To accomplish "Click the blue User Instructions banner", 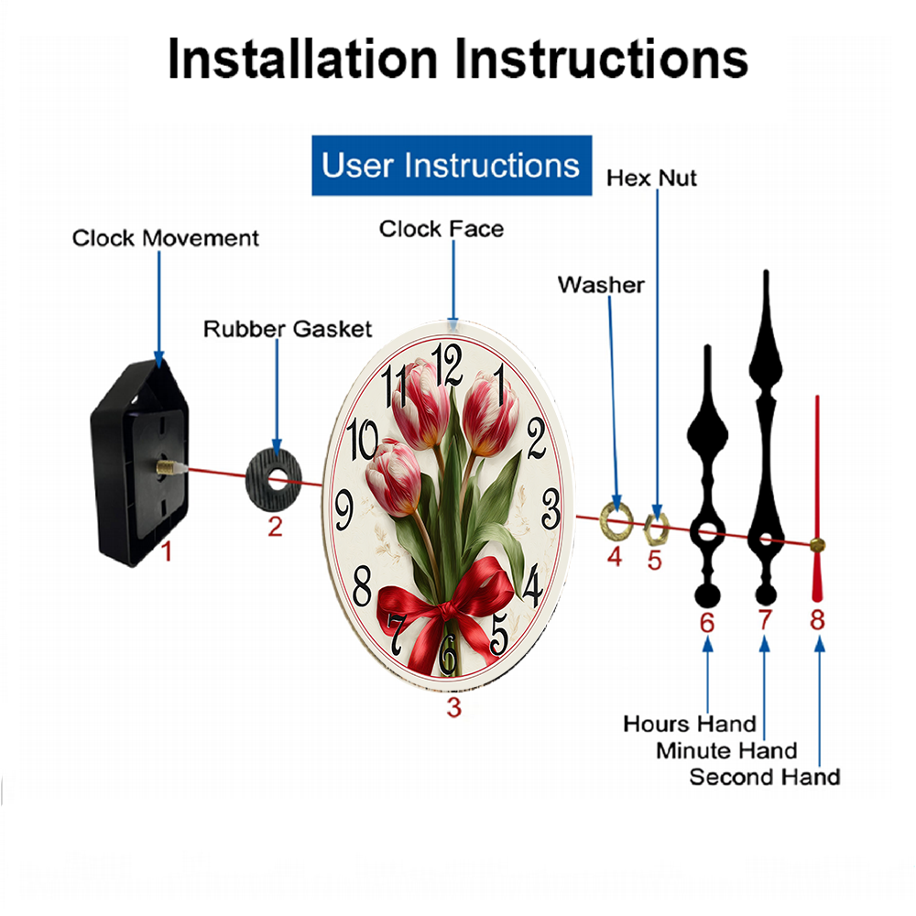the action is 452,165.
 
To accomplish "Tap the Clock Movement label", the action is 165,238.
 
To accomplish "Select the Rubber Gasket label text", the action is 288,329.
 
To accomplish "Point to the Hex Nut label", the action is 651,179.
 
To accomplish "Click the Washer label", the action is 601,285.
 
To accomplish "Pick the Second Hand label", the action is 765,777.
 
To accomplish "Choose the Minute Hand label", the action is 726,750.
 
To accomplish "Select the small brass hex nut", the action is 656,529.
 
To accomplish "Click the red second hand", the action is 817,498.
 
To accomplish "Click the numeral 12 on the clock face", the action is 447,365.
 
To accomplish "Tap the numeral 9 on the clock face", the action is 344,509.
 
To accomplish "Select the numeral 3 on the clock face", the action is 551,508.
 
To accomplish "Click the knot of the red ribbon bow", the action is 446,611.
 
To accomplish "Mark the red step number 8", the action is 817,620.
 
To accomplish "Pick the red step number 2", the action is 275,527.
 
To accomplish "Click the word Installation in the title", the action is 302,59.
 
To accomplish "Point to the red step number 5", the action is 654,561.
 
